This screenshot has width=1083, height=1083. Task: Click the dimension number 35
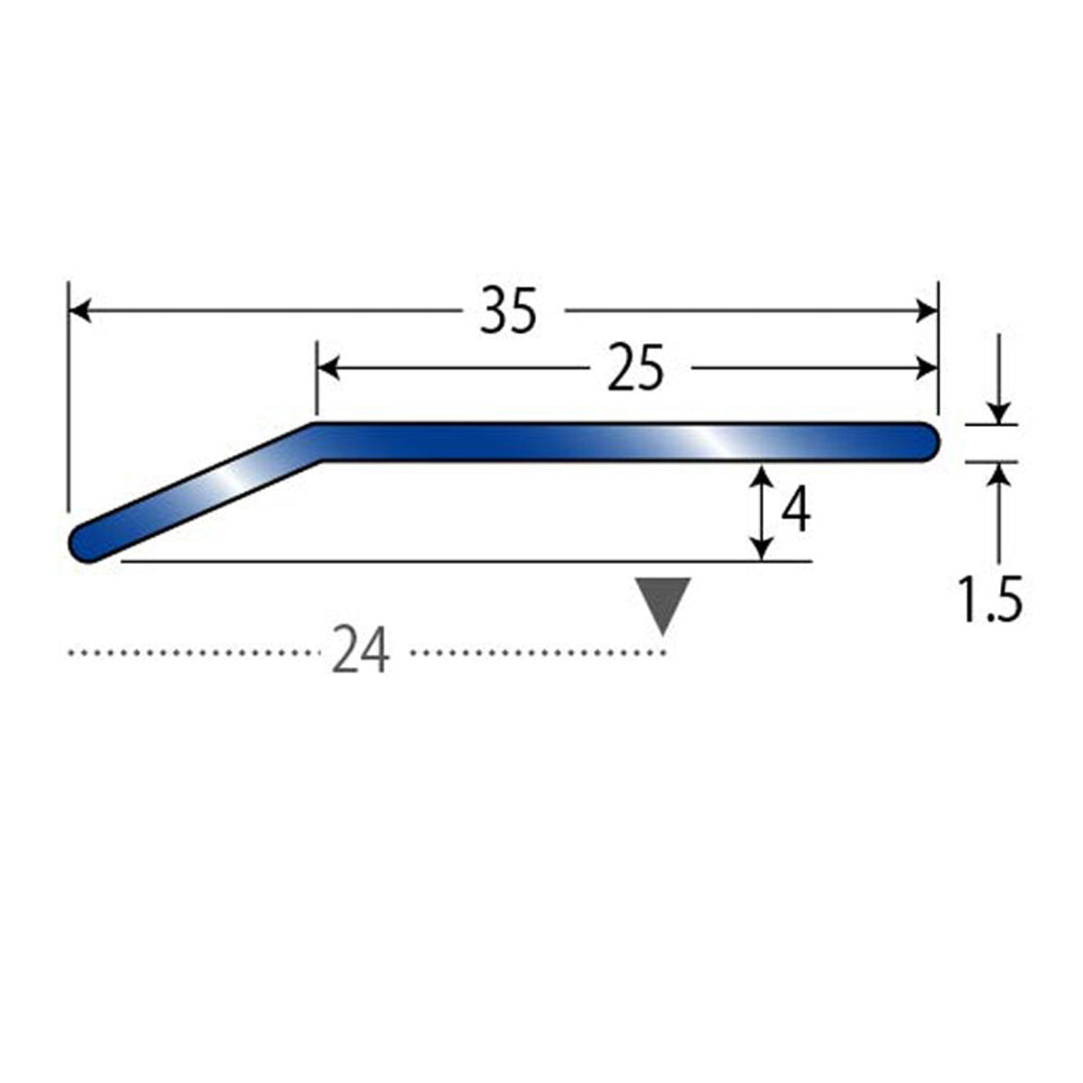[x=507, y=310]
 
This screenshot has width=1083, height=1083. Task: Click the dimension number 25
[x=635, y=369]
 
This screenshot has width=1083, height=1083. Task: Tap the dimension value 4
[x=795, y=510]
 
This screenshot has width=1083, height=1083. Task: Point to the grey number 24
[x=360, y=652]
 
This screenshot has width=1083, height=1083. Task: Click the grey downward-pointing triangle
[x=662, y=606]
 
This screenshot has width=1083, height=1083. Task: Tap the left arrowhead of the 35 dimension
[x=79, y=310]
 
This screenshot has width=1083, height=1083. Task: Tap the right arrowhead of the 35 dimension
[x=927, y=310]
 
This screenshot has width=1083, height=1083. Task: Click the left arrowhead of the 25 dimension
[x=329, y=369]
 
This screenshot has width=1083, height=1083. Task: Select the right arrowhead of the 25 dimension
[x=927, y=369]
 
